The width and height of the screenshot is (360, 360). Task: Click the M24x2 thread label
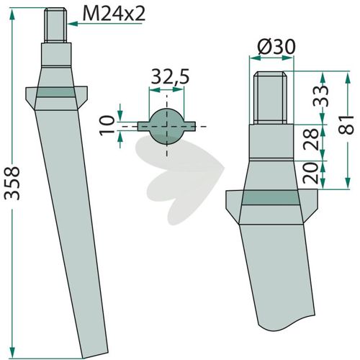tap(114, 14)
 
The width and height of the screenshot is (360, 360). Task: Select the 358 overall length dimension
tap(12, 183)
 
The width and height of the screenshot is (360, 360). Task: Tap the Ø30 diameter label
tap(276, 47)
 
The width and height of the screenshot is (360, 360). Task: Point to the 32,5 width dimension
tap(170, 76)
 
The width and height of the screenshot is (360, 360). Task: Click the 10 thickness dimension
tap(107, 125)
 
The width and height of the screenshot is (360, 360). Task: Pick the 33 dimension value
tap(321, 96)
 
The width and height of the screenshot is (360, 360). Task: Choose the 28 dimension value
tap(311, 139)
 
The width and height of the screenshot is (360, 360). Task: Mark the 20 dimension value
tap(311, 174)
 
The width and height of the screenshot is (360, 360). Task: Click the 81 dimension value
tap(346, 125)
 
